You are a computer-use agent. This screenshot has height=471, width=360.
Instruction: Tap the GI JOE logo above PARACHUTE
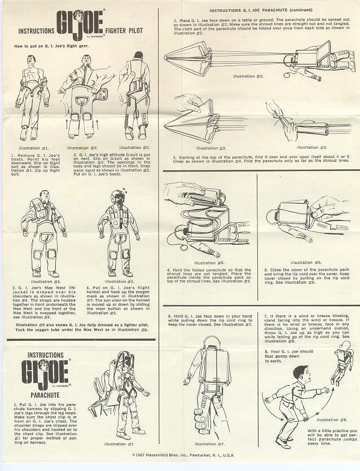point(45,371)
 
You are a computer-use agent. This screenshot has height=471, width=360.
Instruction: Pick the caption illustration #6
point(306,262)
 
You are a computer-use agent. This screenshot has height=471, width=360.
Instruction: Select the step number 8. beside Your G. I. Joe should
point(266,351)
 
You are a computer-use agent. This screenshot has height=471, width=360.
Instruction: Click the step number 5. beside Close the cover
point(266,270)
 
